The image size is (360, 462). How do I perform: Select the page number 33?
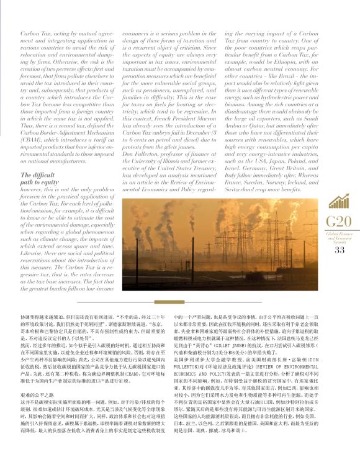tap(338, 250)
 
